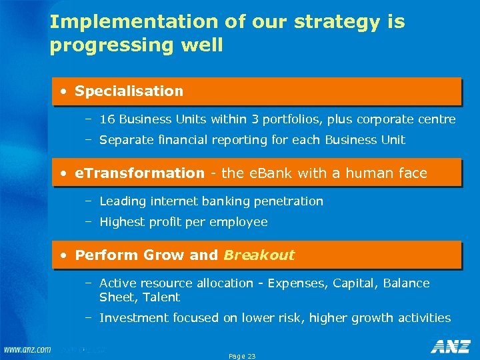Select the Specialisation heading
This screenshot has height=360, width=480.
pyautogui.click(x=129, y=91)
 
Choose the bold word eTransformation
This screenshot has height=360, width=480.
pyautogui.click(x=139, y=173)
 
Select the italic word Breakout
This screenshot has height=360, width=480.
pyautogui.click(x=259, y=255)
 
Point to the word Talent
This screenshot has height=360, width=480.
pyautogui.click(x=161, y=297)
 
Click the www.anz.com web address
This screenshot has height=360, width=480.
pyautogui.click(x=27, y=349)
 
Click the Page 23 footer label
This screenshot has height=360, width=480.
pyautogui.click(x=242, y=356)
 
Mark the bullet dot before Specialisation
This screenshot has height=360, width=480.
pyautogui.click(x=63, y=91)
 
